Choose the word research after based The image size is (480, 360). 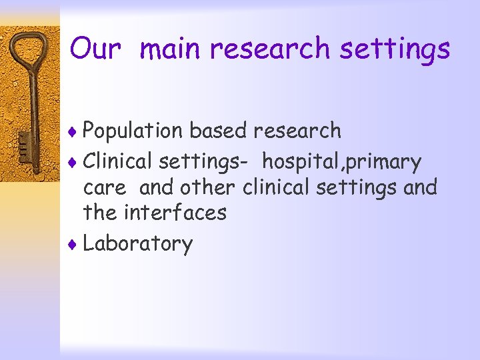click(297, 131)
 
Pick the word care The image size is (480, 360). click(104, 188)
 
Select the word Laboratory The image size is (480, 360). click(138, 244)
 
